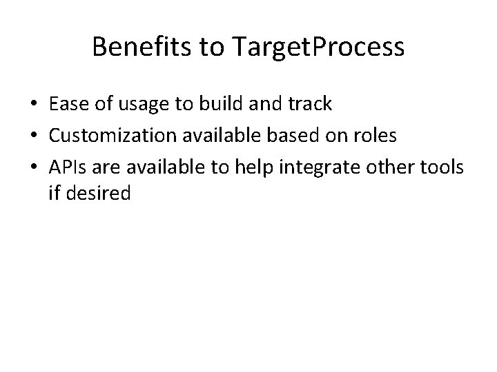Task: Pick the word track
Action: (309, 104)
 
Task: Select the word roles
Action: (376, 135)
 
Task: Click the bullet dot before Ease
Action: (35, 105)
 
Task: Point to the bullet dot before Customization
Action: (35, 136)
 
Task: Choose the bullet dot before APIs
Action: (35, 167)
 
